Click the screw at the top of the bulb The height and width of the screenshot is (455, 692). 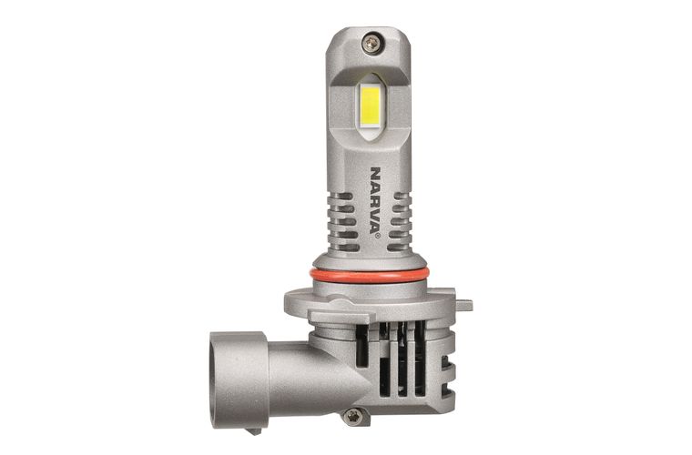click(371, 43)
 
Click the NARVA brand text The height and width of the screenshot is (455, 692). click(375, 199)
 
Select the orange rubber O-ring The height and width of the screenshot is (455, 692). click(369, 276)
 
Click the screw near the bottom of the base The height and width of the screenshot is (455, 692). click(353, 416)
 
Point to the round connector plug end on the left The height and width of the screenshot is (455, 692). click(239, 380)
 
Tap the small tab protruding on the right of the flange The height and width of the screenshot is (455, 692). click(463, 304)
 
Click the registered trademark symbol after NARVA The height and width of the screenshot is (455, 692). click(377, 237)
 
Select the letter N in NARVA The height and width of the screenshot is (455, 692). click(375, 172)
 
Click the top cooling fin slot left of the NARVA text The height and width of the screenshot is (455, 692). click(342, 196)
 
